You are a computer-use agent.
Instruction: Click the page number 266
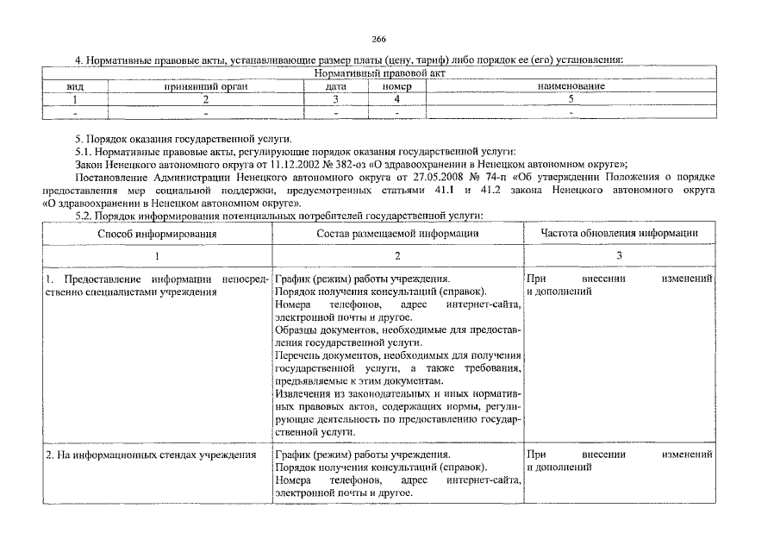click(378, 39)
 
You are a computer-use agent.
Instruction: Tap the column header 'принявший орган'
click(206, 87)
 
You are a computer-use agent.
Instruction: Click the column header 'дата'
click(335, 87)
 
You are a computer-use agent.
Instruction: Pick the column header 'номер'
click(396, 87)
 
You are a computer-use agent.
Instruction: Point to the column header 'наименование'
click(571, 87)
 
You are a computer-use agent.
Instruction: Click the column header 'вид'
click(75, 87)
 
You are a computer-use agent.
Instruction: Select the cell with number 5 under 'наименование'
click(571, 99)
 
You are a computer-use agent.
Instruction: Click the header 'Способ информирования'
click(157, 233)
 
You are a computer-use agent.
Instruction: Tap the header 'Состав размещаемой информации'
click(397, 233)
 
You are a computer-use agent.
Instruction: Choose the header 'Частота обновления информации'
click(619, 233)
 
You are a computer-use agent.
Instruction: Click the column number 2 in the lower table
click(397, 256)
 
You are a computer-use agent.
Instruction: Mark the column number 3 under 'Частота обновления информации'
click(619, 256)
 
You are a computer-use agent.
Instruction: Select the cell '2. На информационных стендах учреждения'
click(151, 455)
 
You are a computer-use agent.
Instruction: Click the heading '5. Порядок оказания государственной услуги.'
click(184, 138)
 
